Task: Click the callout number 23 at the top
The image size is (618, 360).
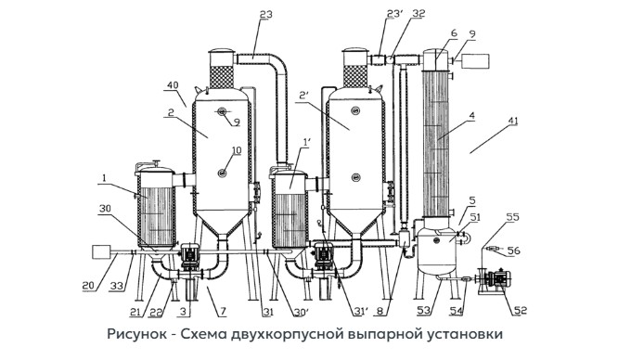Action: click(265, 14)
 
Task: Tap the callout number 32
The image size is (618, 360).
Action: click(418, 13)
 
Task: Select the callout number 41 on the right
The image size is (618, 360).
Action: click(513, 121)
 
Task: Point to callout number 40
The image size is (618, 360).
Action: click(173, 85)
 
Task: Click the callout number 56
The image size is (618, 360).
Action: click(513, 251)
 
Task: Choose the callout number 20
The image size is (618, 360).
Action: click(89, 286)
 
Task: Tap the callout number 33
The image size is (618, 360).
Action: click(115, 286)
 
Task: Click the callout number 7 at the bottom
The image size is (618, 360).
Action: click(223, 312)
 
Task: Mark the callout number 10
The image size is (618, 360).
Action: click(236, 150)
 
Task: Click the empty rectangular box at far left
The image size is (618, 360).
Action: click(101, 252)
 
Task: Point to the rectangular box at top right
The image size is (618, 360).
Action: click(475, 61)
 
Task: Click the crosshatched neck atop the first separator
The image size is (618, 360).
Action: click(221, 77)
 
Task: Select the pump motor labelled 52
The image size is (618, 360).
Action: click(498, 278)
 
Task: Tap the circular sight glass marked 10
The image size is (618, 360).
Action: click(223, 172)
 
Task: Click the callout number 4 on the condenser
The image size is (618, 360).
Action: click(472, 116)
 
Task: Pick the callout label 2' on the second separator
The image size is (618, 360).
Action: click(303, 96)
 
